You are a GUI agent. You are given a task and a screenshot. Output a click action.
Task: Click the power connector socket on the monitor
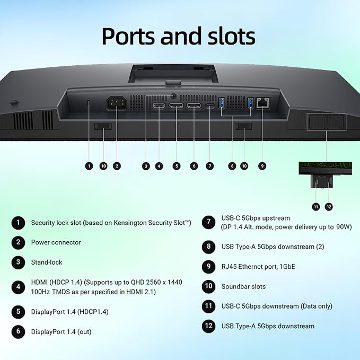pos(117,103)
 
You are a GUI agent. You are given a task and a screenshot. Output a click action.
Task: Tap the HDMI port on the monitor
pos(159,106)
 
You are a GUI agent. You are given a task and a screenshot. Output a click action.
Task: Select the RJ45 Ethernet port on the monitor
pos(262,103)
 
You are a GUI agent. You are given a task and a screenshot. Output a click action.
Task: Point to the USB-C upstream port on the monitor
pos(210,106)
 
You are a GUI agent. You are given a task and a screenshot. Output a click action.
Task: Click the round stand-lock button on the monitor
pos(173,96)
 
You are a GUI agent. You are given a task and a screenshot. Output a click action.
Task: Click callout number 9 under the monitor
pos(262,166)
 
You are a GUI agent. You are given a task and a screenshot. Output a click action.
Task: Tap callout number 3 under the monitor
pos(146,166)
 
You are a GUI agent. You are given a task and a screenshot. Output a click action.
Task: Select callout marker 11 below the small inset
pos(316,207)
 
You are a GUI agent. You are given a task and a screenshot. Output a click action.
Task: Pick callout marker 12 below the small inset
pos(329,207)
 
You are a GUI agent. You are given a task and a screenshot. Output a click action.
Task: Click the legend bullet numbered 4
pos(18,287)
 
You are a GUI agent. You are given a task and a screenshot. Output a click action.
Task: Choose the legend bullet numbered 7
pos(208,222)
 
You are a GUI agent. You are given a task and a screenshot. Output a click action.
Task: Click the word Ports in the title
pos(128,36)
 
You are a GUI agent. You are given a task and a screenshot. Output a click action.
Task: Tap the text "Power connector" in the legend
pos(56,242)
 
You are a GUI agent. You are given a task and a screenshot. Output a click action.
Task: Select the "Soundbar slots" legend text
pos(243,286)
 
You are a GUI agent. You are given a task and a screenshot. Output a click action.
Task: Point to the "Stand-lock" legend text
pos(47,262)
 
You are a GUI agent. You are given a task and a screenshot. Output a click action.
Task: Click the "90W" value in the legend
pos(344,227)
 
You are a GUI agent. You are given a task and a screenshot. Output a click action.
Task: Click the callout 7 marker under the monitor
pos(209,166)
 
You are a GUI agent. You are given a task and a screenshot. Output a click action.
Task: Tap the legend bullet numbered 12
pos(208,326)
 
